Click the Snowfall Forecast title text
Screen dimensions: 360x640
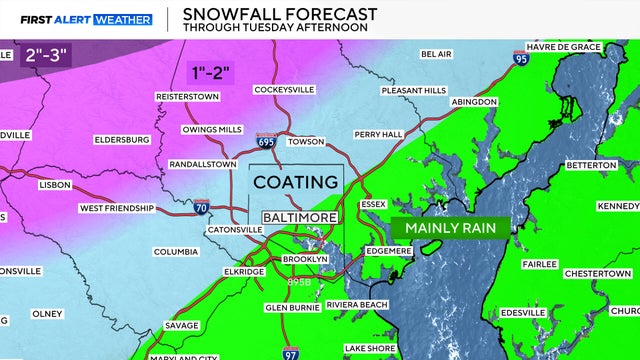tap(272, 13)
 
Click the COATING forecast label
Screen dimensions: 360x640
tap(295, 182)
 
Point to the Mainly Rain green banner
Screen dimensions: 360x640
tap(452, 228)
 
